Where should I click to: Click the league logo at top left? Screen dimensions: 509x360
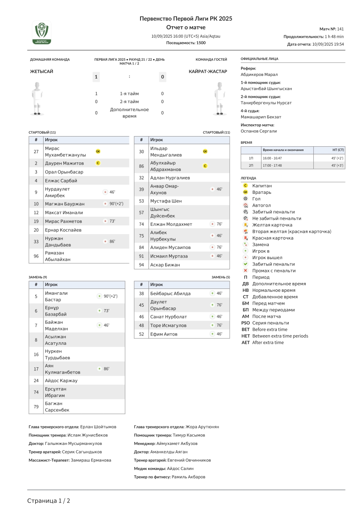[x=42, y=33]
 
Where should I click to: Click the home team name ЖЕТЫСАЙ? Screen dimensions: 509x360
[x=42, y=72]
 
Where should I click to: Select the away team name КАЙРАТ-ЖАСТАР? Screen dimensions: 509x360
[x=208, y=72]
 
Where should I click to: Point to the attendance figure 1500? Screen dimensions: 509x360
[x=201, y=43]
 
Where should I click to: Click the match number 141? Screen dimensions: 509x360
[x=340, y=29]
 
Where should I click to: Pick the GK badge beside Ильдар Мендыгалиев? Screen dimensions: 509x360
[x=205, y=151]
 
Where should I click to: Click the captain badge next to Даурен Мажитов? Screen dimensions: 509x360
[x=98, y=163]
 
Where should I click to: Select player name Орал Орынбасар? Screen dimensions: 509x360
[x=64, y=172]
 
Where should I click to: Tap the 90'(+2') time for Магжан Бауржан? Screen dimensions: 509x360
[x=115, y=204]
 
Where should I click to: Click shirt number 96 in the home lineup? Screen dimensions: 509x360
[x=36, y=256]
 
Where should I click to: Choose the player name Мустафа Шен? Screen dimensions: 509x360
[x=166, y=201]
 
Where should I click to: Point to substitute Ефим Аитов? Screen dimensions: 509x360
[x=164, y=334]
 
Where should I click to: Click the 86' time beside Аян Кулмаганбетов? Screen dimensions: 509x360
[x=107, y=369]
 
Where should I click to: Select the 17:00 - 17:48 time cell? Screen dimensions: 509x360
[x=272, y=165]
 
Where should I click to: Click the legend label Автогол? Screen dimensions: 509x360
[x=262, y=205]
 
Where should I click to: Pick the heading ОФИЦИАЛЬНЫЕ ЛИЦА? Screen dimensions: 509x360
[x=259, y=59]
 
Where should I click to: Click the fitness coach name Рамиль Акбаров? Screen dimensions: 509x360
[x=188, y=477]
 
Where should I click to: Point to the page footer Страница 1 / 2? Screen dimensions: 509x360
[x=49, y=501]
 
